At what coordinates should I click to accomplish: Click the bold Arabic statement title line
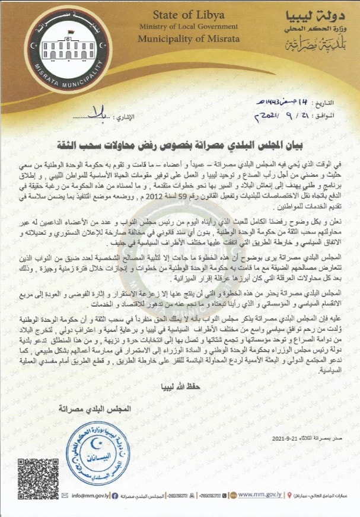tap(179, 144)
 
